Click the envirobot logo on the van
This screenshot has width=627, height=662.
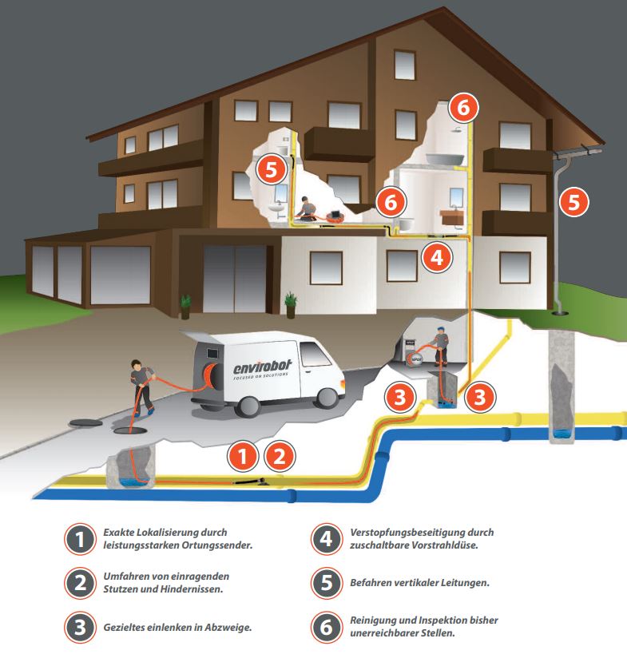pos(262,369)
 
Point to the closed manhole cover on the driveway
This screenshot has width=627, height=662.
pos(85,422)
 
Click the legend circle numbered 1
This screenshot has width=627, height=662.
pos(80,539)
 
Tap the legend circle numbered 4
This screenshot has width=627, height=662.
pos(326,539)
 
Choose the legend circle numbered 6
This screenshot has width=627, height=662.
pos(326,627)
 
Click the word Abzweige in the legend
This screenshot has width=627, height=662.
pos(228,628)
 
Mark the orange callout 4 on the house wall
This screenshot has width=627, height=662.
pos(437,256)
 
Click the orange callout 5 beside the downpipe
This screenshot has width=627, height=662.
pos(573,202)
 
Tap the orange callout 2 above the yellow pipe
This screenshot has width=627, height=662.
pos(279,457)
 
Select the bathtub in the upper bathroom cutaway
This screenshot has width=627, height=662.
pos(444,159)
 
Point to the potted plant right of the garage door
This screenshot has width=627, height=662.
pos(291,305)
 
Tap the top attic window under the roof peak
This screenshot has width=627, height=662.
pos(405,65)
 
